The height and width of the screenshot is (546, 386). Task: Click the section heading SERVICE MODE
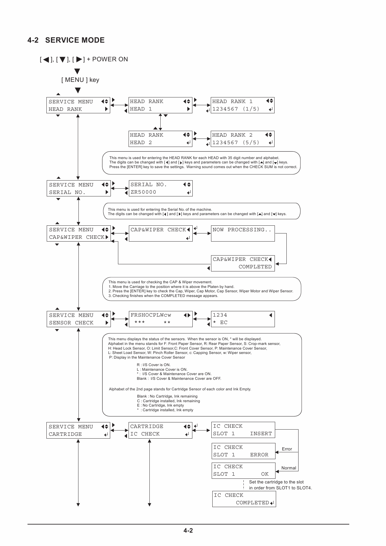click(75, 40)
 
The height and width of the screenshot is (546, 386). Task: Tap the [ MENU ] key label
click(80, 80)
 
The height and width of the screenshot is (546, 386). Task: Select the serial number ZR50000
click(143, 192)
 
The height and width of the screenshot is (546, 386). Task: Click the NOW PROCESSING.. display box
click(243, 233)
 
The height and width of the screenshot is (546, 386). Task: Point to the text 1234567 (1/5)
click(236, 109)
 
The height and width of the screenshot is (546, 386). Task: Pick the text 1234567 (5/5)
click(236, 143)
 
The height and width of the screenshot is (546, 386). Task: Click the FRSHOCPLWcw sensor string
click(151, 315)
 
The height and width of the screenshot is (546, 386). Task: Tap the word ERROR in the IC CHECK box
click(259, 455)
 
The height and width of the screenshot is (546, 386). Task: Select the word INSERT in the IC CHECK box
click(261, 434)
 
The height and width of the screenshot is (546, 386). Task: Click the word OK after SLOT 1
click(265, 474)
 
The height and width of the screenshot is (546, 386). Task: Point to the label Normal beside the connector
click(289, 468)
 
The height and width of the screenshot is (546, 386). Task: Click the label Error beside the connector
click(287, 449)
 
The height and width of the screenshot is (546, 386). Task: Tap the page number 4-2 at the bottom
click(188, 530)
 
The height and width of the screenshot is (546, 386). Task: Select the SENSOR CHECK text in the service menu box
click(71, 323)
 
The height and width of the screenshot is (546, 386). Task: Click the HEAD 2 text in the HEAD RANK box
click(141, 143)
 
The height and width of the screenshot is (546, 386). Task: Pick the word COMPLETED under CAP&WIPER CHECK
click(255, 267)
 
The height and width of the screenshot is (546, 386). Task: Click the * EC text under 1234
click(220, 322)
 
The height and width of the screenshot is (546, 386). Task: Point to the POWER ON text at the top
click(110, 59)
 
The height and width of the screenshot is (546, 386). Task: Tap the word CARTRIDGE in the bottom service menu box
click(65, 434)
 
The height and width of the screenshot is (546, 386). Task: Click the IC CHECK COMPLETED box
click(244, 499)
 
